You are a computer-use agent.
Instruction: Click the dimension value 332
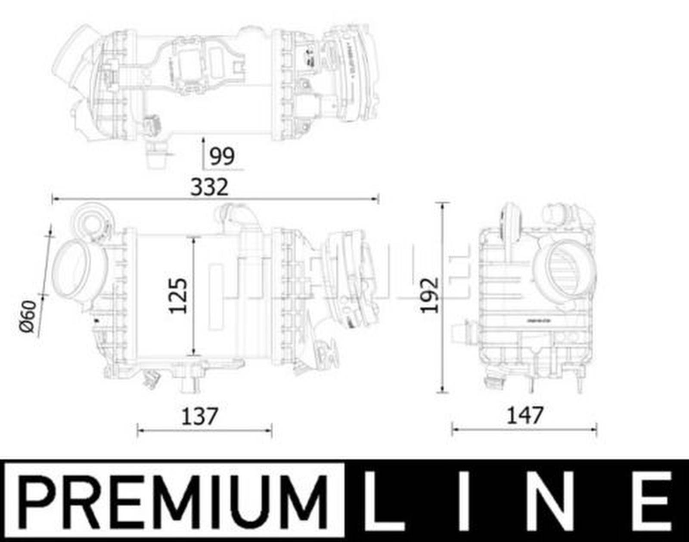[209, 187]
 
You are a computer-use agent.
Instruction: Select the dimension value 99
[222, 156]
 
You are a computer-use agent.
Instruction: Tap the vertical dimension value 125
[178, 296]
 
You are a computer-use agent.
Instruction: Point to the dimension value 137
[200, 416]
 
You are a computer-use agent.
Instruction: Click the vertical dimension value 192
[429, 296]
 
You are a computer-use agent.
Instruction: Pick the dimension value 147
[525, 416]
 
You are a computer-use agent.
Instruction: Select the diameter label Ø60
[28, 317]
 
